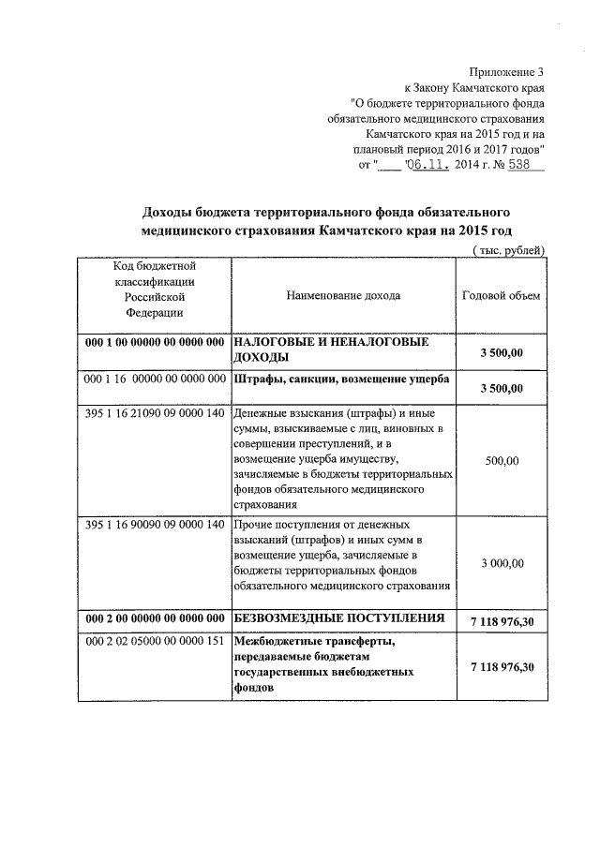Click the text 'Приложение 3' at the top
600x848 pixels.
pos(507,72)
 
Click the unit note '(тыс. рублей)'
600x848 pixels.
pos(506,249)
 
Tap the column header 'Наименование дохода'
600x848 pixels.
pos(344,295)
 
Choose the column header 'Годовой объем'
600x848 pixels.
pos(502,295)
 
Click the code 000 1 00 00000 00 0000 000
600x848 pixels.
pos(155,343)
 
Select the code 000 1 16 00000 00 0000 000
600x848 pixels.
pos(155,379)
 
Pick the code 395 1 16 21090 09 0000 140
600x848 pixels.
pos(155,413)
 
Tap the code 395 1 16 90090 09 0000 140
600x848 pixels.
pos(155,525)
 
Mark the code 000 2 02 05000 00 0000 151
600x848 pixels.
pos(155,642)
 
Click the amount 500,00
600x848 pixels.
pos(502,461)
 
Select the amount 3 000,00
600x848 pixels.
pos(502,563)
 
